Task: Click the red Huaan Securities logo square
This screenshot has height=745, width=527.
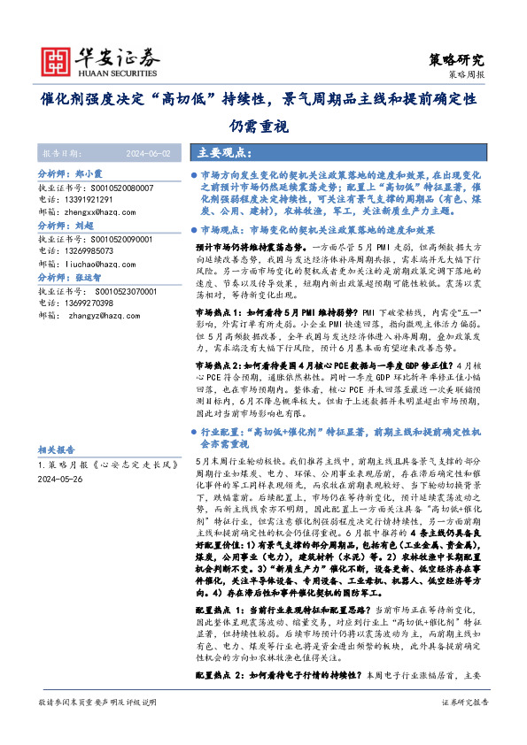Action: (x=56, y=58)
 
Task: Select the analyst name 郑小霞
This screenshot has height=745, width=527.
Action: (x=91, y=175)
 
